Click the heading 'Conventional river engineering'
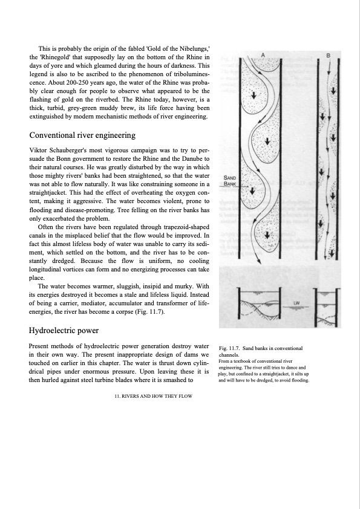[x=82, y=135]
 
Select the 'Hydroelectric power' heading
[x=64, y=331]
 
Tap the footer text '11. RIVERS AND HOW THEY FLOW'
[x=153, y=396]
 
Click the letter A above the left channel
[x=263, y=55]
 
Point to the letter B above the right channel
[x=328, y=56]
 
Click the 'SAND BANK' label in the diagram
[x=230, y=181]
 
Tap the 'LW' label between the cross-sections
[x=296, y=303]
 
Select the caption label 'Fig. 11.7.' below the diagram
[x=229, y=348]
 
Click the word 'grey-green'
[x=81, y=108]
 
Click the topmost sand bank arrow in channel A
[x=254, y=95]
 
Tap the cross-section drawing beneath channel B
[x=327, y=308]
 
